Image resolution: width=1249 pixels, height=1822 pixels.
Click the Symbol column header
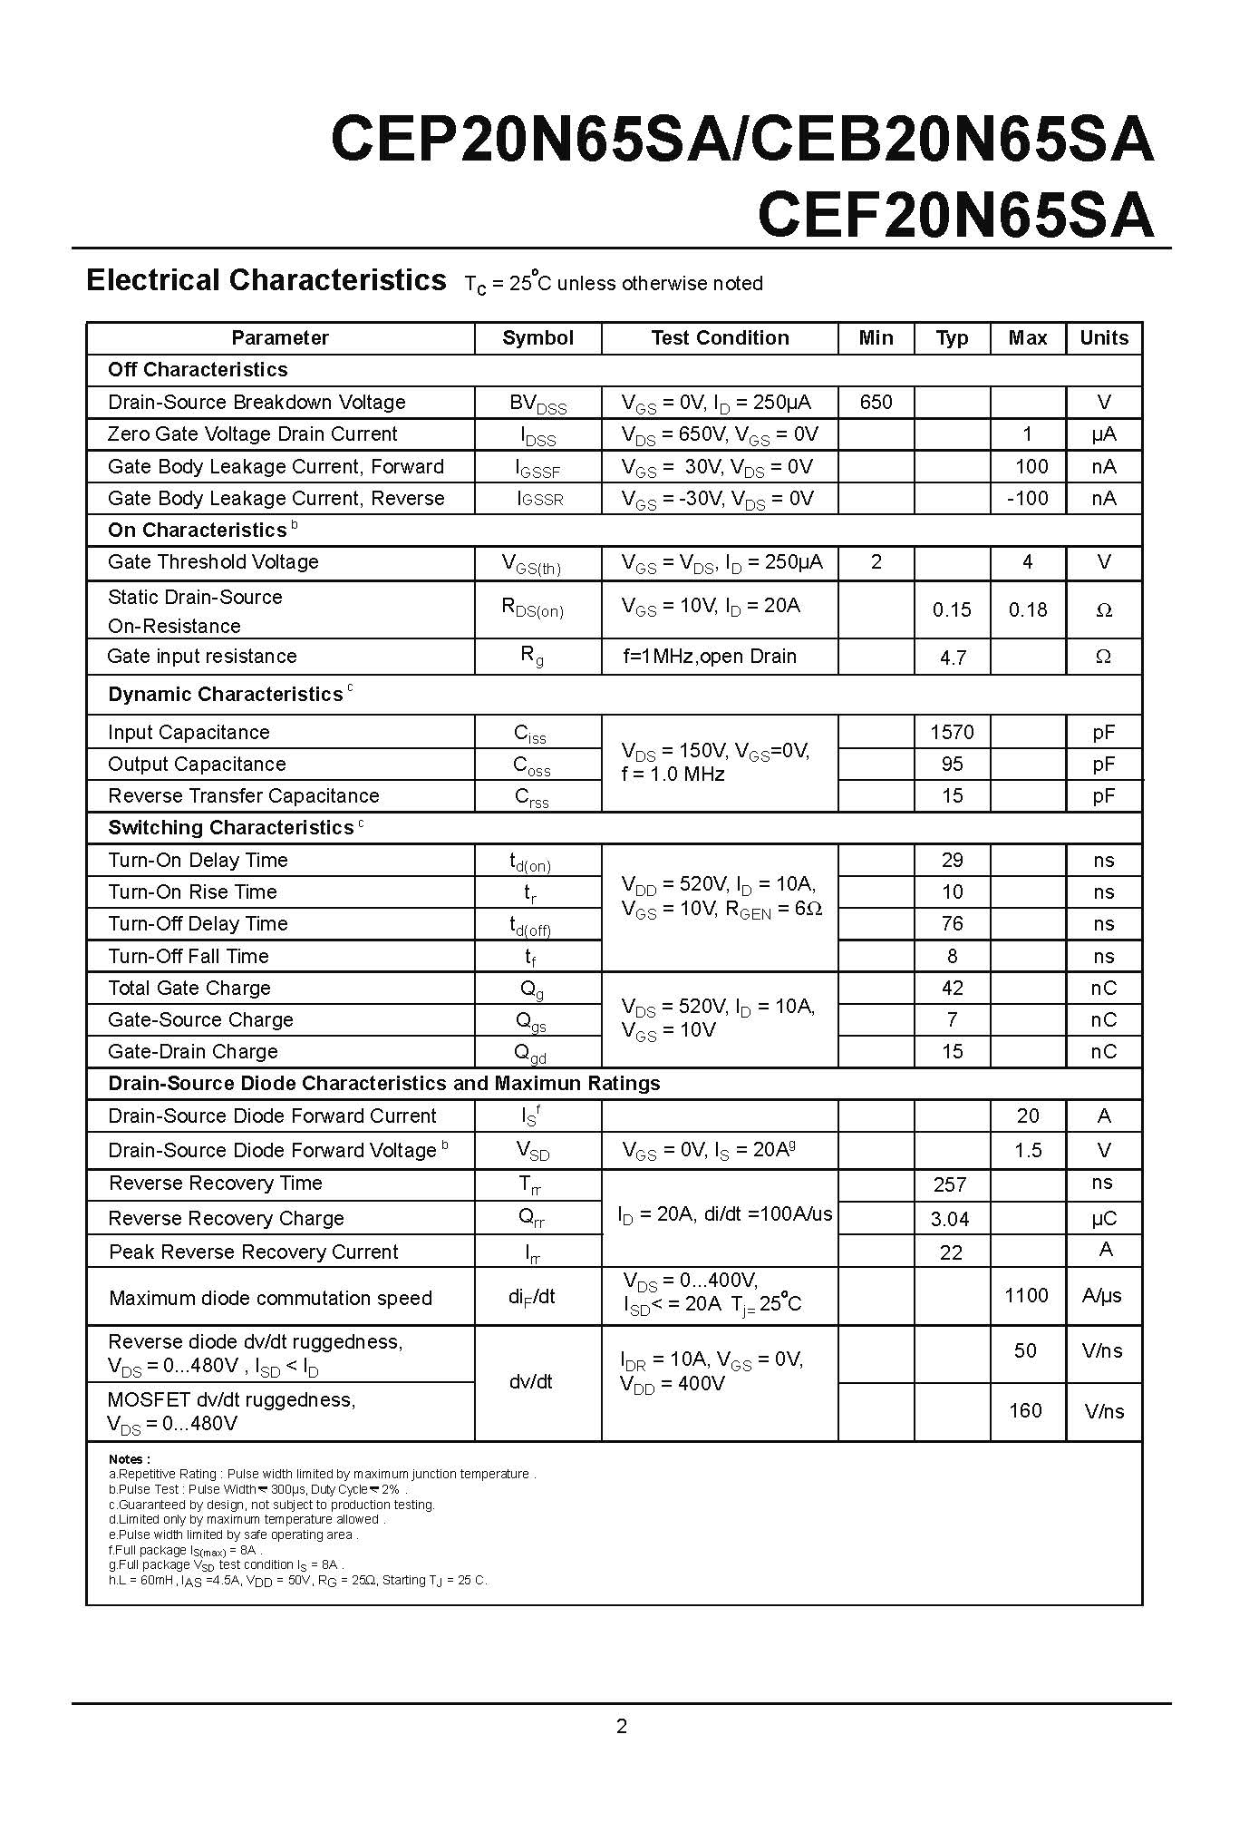click(537, 338)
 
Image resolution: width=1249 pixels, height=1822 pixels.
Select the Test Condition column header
click(720, 338)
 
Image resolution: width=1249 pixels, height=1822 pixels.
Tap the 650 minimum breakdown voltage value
click(876, 402)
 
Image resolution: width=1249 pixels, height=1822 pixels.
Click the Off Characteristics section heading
click(198, 370)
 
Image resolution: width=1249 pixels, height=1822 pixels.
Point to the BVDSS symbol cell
click(537, 404)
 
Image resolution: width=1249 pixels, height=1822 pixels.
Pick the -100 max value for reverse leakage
click(1027, 498)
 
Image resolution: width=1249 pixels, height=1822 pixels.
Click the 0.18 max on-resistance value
click(1027, 610)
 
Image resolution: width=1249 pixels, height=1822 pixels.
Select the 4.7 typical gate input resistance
click(952, 658)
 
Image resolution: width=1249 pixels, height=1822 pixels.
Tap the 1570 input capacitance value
click(952, 732)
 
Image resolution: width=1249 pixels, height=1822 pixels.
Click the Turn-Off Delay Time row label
click(198, 924)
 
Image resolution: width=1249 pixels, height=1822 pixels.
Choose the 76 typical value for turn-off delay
click(952, 924)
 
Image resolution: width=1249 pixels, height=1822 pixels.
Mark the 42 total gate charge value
click(952, 988)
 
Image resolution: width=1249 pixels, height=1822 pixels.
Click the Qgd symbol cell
click(530, 1053)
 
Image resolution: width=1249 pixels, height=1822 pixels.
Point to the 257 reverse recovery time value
click(950, 1184)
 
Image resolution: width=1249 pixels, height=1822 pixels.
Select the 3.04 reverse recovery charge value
click(950, 1219)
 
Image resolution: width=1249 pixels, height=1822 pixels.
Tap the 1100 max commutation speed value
click(1026, 1295)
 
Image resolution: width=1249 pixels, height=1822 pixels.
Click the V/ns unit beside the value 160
click(1104, 1411)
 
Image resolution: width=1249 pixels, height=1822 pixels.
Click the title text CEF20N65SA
click(955, 216)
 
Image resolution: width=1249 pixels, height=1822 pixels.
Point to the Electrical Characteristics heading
click(266, 280)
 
